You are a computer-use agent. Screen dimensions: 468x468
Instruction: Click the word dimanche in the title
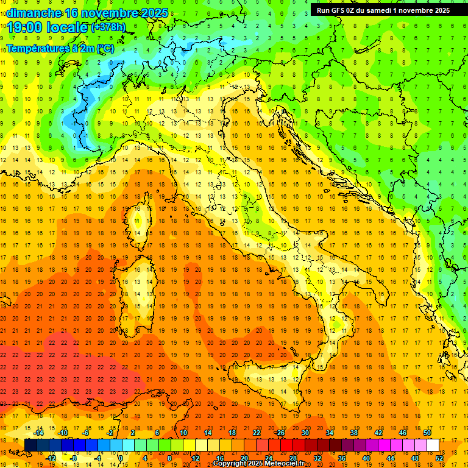click(x=34, y=13)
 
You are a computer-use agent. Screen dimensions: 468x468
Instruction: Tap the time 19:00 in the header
click(x=27, y=27)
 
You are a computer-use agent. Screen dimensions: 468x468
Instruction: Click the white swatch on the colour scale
click(x=433, y=445)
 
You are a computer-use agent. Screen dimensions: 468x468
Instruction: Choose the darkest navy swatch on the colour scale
click(x=30, y=445)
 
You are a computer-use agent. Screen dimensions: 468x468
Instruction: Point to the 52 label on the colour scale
click(x=439, y=458)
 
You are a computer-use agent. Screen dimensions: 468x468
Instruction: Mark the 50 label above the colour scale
click(x=427, y=433)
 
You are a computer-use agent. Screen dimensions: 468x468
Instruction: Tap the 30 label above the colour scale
click(x=305, y=433)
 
